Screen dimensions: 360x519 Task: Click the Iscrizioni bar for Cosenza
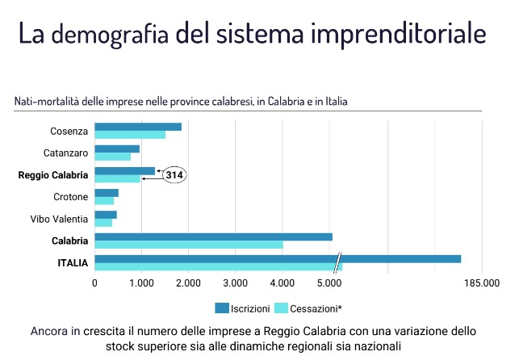138,127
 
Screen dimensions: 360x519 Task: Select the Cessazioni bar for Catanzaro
112,157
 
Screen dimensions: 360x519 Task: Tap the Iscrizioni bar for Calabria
213,237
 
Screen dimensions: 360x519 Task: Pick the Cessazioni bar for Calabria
189,245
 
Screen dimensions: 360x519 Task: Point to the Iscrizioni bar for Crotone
107,193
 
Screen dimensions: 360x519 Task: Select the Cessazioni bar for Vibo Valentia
103,223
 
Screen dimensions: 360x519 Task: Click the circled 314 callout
174,175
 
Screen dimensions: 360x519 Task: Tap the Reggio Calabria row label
52,174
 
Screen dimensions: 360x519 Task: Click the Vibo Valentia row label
60,219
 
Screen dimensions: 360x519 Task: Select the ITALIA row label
73,262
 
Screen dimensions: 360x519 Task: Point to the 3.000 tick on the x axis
235,283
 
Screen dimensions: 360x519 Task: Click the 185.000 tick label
482,283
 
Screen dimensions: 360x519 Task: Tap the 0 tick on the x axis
95,283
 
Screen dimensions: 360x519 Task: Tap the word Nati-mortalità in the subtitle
45,102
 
